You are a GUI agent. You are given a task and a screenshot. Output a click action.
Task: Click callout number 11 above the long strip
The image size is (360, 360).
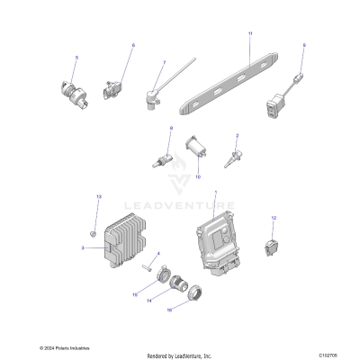pos(249,33)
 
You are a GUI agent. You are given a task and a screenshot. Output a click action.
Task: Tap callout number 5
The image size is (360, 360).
pos(76,58)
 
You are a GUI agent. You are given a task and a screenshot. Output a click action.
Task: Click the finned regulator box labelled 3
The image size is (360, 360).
pos(126,241)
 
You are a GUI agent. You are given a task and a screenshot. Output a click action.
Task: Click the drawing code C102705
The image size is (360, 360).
pos(336,347)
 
